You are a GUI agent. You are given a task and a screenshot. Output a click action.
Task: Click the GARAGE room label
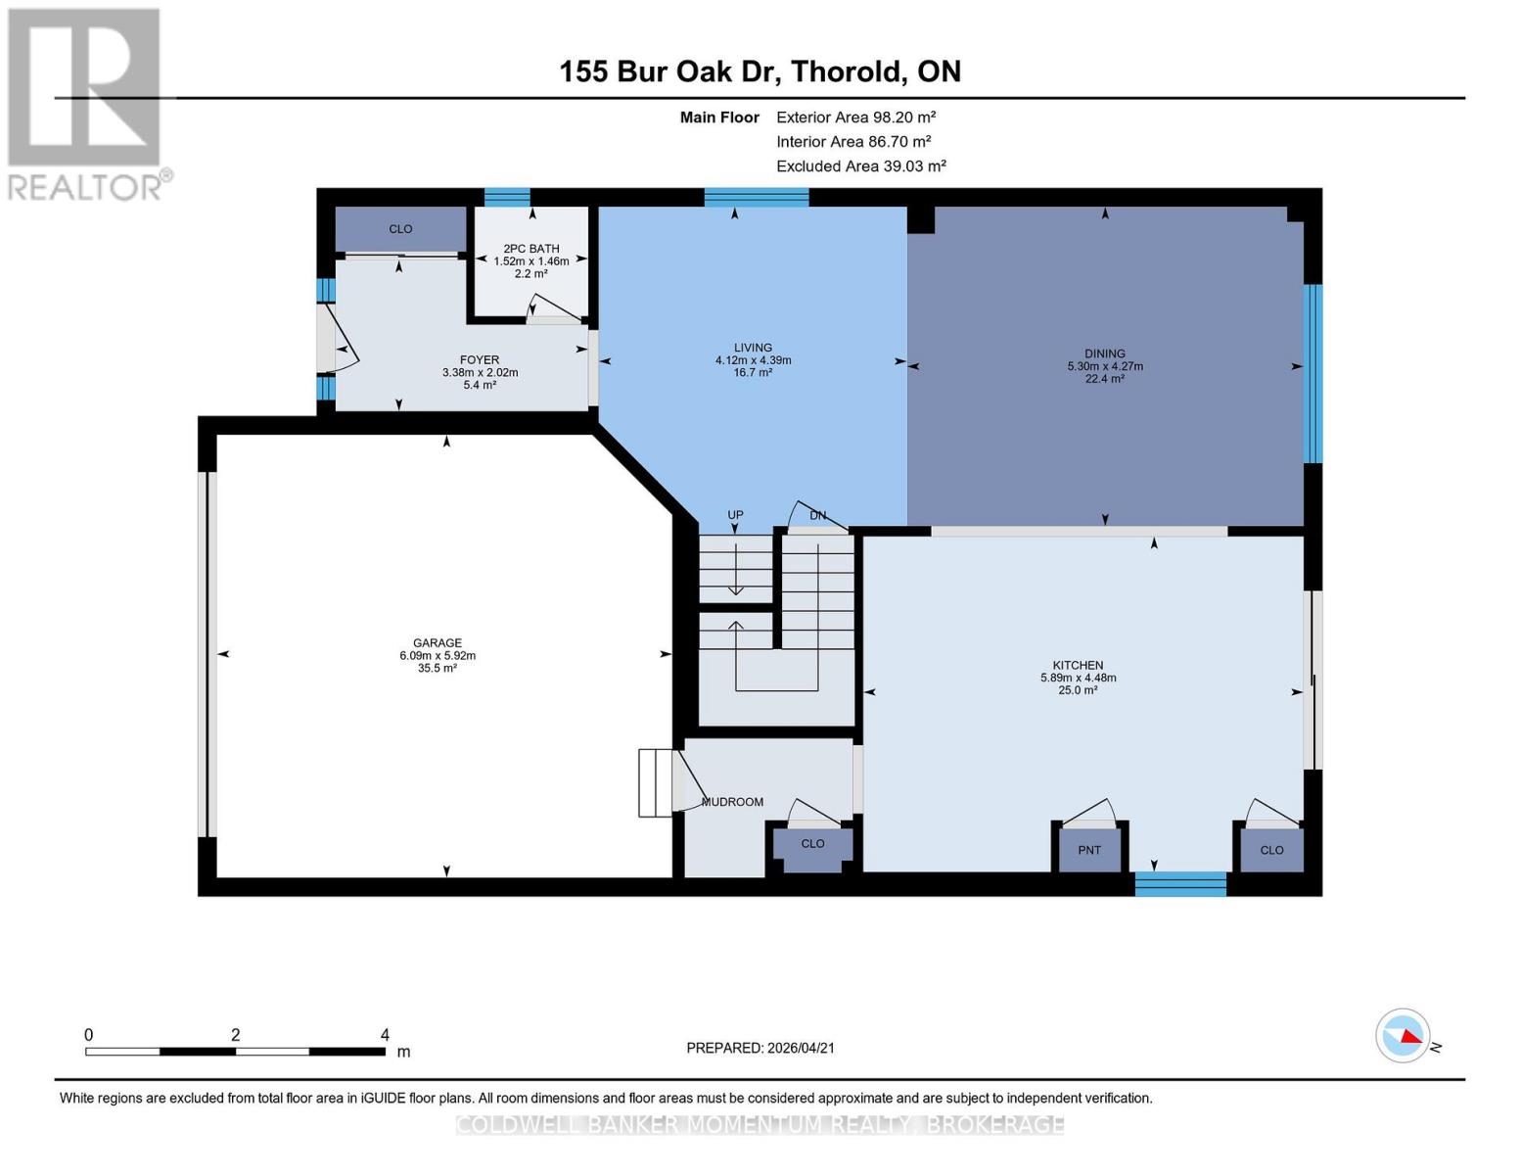[x=437, y=643]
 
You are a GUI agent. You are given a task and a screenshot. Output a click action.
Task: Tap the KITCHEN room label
[x=1078, y=665]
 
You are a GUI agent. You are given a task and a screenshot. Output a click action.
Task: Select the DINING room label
[x=1104, y=353]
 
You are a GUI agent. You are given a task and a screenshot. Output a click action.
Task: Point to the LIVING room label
[x=753, y=348]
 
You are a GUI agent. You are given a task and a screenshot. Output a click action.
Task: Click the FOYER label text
[x=480, y=360]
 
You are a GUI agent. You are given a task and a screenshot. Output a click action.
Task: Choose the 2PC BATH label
[x=530, y=249]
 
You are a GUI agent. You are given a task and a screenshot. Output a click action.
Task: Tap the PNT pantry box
[x=1088, y=850]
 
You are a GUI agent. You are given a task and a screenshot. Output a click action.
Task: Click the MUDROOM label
[x=732, y=802]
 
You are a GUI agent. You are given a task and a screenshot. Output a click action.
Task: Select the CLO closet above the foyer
[x=400, y=229]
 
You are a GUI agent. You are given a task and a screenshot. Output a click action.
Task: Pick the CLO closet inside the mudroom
[x=812, y=844]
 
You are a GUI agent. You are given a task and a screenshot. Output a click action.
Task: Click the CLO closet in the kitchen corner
[x=1271, y=850]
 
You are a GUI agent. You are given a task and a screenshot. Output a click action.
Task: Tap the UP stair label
[x=735, y=515]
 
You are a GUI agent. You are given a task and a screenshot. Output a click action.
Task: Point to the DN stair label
[x=817, y=516]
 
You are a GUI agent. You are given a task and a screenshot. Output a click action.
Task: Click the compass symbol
[x=1403, y=1035]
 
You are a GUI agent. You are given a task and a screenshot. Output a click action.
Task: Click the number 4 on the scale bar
[x=385, y=1035]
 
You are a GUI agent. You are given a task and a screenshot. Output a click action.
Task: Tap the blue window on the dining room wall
[x=1313, y=373]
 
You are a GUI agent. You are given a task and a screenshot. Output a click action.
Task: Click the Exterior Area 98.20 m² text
[x=855, y=117]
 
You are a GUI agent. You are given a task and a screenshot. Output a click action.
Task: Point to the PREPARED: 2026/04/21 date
[x=760, y=1048]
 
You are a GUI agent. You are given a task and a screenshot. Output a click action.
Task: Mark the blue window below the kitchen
[x=1179, y=884]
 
